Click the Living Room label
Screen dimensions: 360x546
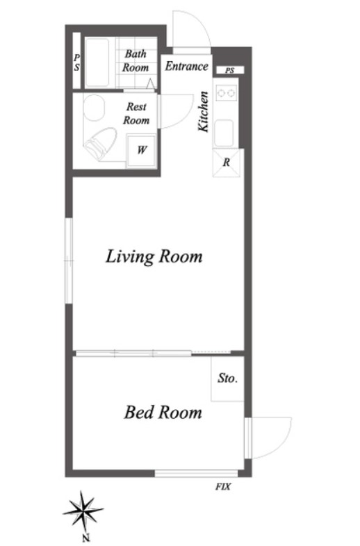154,257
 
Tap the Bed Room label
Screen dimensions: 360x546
163,413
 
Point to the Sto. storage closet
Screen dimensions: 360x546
227,379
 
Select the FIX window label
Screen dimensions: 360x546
222,486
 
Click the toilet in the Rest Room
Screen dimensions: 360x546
100,144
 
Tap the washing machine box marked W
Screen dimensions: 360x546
141,151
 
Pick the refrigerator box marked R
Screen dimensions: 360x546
227,163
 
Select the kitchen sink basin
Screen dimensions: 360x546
224,133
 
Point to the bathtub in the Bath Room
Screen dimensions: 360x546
97,63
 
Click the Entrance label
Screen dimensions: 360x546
187,66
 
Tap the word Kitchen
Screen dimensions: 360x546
203,111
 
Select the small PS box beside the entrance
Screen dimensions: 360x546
229,70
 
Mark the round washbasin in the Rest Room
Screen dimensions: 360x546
94,108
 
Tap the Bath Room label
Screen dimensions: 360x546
136,60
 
